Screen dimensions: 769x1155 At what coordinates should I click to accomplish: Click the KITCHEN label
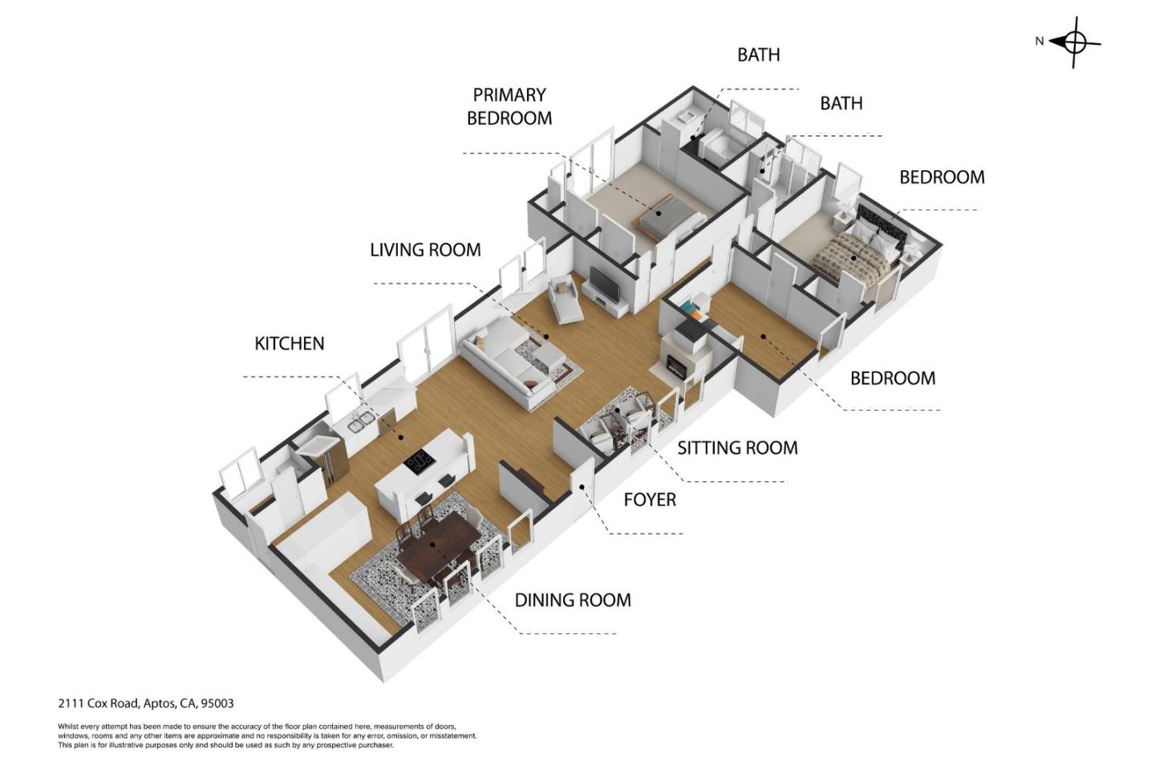point(289,343)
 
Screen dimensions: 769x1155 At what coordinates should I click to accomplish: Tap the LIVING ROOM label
point(425,249)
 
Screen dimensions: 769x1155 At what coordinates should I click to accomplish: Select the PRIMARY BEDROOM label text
point(509,107)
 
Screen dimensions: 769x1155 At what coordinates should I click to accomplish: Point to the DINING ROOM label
point(573,600)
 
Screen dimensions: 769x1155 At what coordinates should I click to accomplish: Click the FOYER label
point(650,500)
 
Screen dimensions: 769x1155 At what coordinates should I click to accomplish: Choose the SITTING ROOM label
point(737,447)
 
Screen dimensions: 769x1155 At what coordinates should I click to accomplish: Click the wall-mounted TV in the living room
point(604,281)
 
